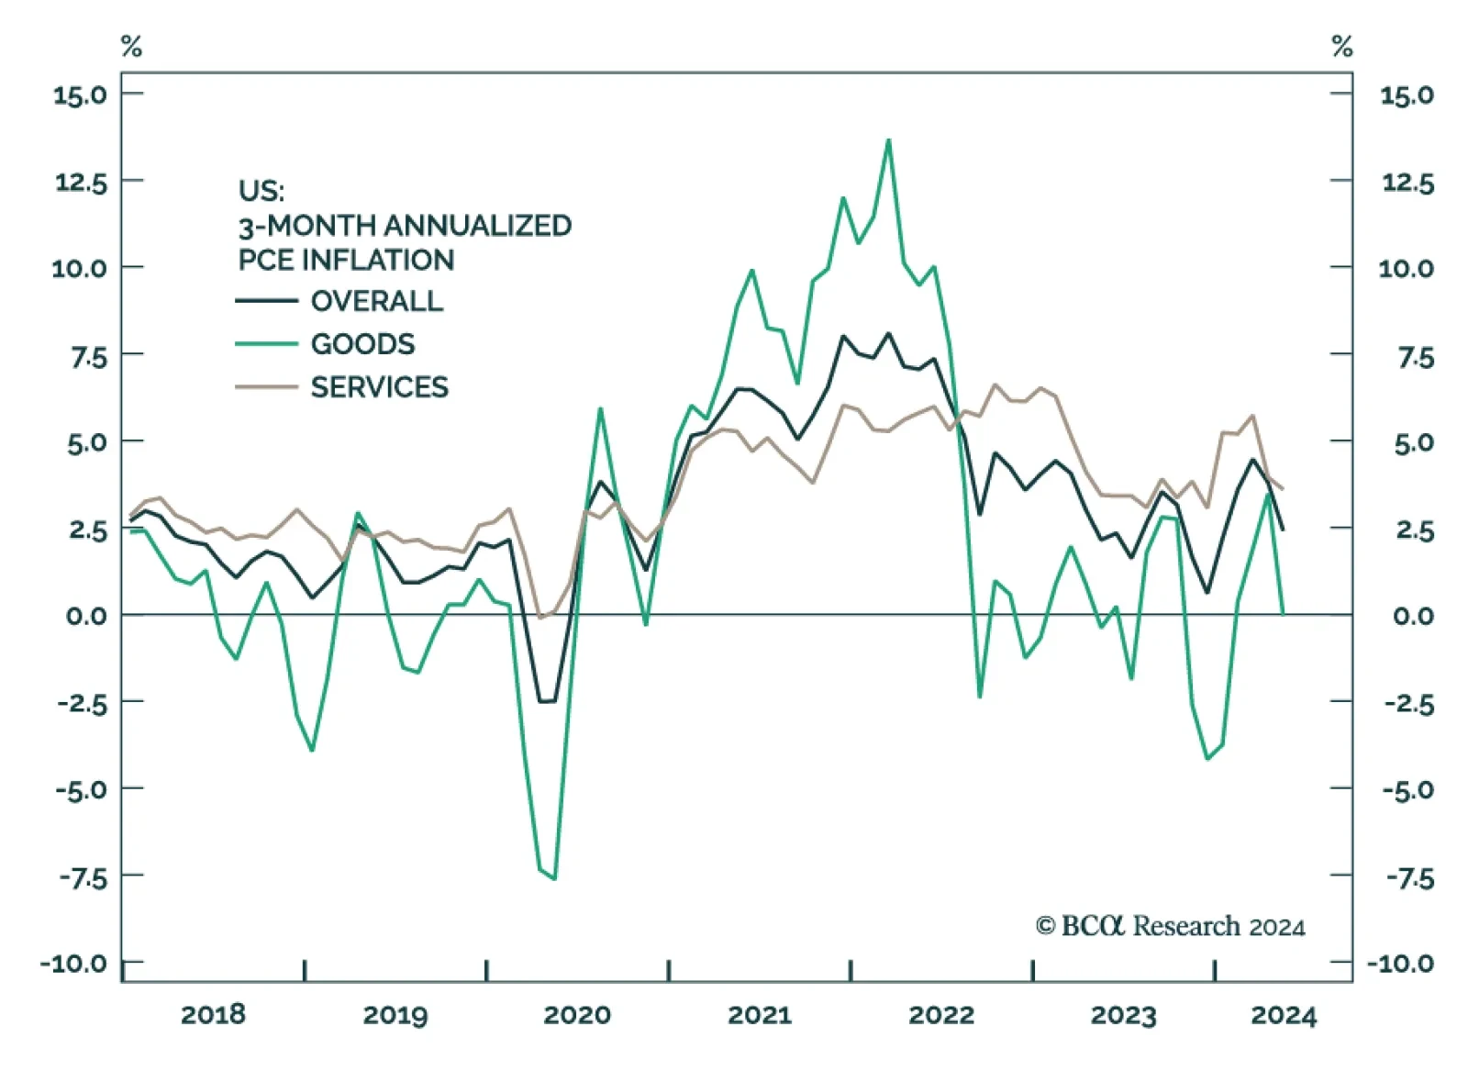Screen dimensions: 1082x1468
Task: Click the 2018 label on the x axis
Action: pos(213,1014)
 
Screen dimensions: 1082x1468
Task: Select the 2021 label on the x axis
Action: pos(759,1014)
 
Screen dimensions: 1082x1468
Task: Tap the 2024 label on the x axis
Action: pos(1284,1014)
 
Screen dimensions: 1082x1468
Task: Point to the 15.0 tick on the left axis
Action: pos(80,95)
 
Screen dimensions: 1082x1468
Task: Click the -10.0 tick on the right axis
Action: pos(1400,963)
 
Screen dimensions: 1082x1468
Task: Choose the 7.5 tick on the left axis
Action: pos(88,356)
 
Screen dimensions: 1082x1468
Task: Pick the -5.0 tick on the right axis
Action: pos(1408,789)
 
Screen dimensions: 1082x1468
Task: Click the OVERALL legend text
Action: pos(376,301)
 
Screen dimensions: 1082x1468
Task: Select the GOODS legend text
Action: pos(362,344)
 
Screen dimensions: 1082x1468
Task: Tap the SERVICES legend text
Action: pos(379,387)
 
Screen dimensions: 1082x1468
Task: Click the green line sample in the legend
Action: pos(266,344)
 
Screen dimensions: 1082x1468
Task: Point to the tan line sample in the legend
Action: pos(266,387)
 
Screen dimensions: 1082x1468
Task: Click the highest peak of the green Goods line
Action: pos(888,140)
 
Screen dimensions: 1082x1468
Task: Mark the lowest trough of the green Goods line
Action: pos(554,878)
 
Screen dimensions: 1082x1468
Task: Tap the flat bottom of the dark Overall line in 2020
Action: pos(547,701)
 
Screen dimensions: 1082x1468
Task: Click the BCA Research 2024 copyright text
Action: pos(1170,926)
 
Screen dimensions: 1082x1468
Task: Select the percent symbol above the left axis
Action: pos(131,46)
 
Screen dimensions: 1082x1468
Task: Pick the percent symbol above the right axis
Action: pos(1342,46)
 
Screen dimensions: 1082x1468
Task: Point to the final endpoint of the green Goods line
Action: pos(1283,612)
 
